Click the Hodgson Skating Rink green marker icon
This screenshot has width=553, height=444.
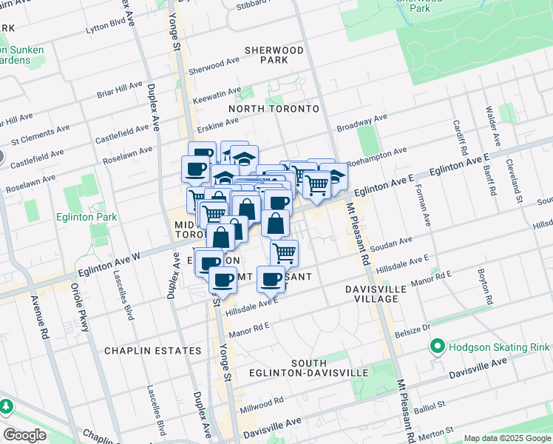pos(437,346)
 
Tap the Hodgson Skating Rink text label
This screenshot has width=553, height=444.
pos(498,347)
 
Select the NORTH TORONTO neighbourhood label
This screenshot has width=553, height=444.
pos(274,109)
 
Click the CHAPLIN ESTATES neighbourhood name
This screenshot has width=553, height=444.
pos(153,350)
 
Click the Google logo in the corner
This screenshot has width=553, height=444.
pos(24,434)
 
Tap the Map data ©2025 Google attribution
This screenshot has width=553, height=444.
pos(507,438)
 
